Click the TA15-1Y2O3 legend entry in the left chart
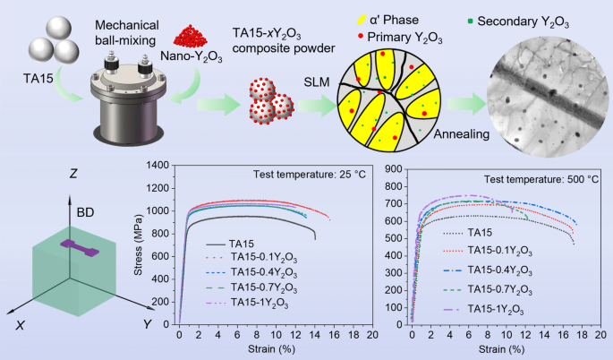263,306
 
